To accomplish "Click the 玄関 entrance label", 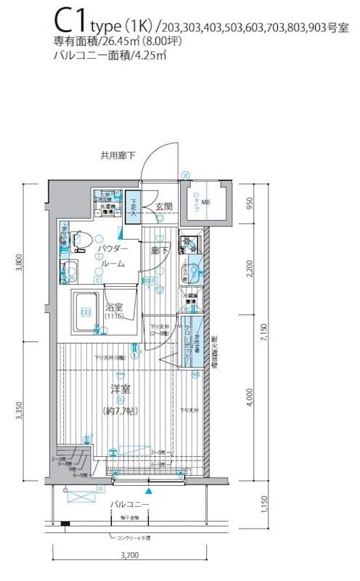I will tap(163, 207).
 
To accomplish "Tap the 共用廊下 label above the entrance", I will tap(118, 155).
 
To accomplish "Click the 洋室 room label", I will tap(120, 389).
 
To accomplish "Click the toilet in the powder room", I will tap(81, 237).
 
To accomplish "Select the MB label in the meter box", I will tap(205, 203).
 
